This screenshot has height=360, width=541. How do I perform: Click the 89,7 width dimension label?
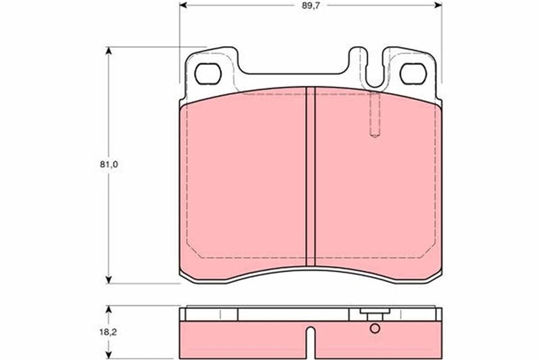point(309,6)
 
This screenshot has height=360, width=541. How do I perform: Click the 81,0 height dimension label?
point(109,165)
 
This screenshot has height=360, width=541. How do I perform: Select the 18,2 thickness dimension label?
point(109,332)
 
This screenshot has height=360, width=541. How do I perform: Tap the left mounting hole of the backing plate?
point(208,74)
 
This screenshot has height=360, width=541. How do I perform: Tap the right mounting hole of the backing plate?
point(413,74)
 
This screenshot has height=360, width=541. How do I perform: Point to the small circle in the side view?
point(375,328)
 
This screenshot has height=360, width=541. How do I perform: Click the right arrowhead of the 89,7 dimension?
point(438,5)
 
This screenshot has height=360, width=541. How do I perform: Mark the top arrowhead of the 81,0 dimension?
point(109,50)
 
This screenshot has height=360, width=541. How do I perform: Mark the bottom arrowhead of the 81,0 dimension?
point(109,279)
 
